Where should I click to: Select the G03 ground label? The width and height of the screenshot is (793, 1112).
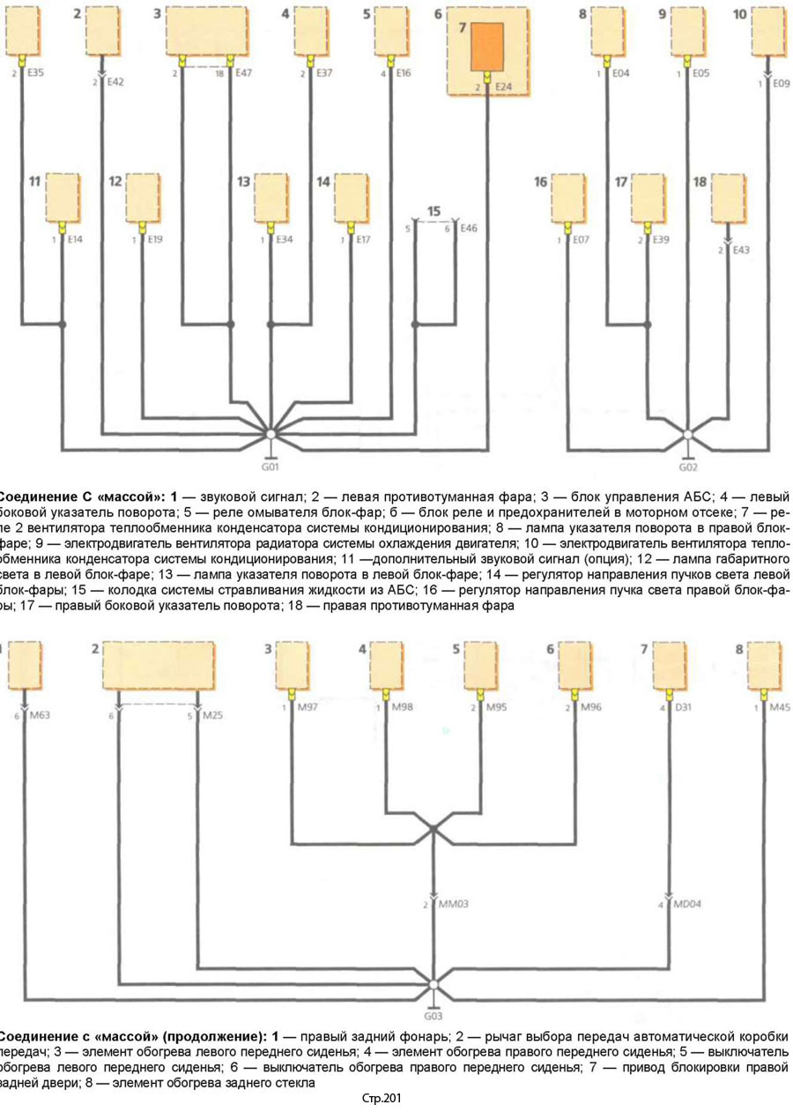point(433,1014)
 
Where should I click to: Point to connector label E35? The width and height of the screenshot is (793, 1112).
point(35,74)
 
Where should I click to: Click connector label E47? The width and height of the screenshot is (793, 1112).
point(247,74)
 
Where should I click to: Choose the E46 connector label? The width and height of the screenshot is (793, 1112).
point(469,228)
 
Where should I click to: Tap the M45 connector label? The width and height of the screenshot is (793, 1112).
point(778,707)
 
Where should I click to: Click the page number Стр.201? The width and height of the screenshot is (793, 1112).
point(382,1098)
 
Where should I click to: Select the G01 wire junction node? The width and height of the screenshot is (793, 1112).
point(271,435)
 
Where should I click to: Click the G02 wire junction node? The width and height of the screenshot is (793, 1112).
point(688,434)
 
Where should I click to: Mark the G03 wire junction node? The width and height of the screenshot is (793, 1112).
point(433,983)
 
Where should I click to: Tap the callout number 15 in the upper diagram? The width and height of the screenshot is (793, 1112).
point(433,212)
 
